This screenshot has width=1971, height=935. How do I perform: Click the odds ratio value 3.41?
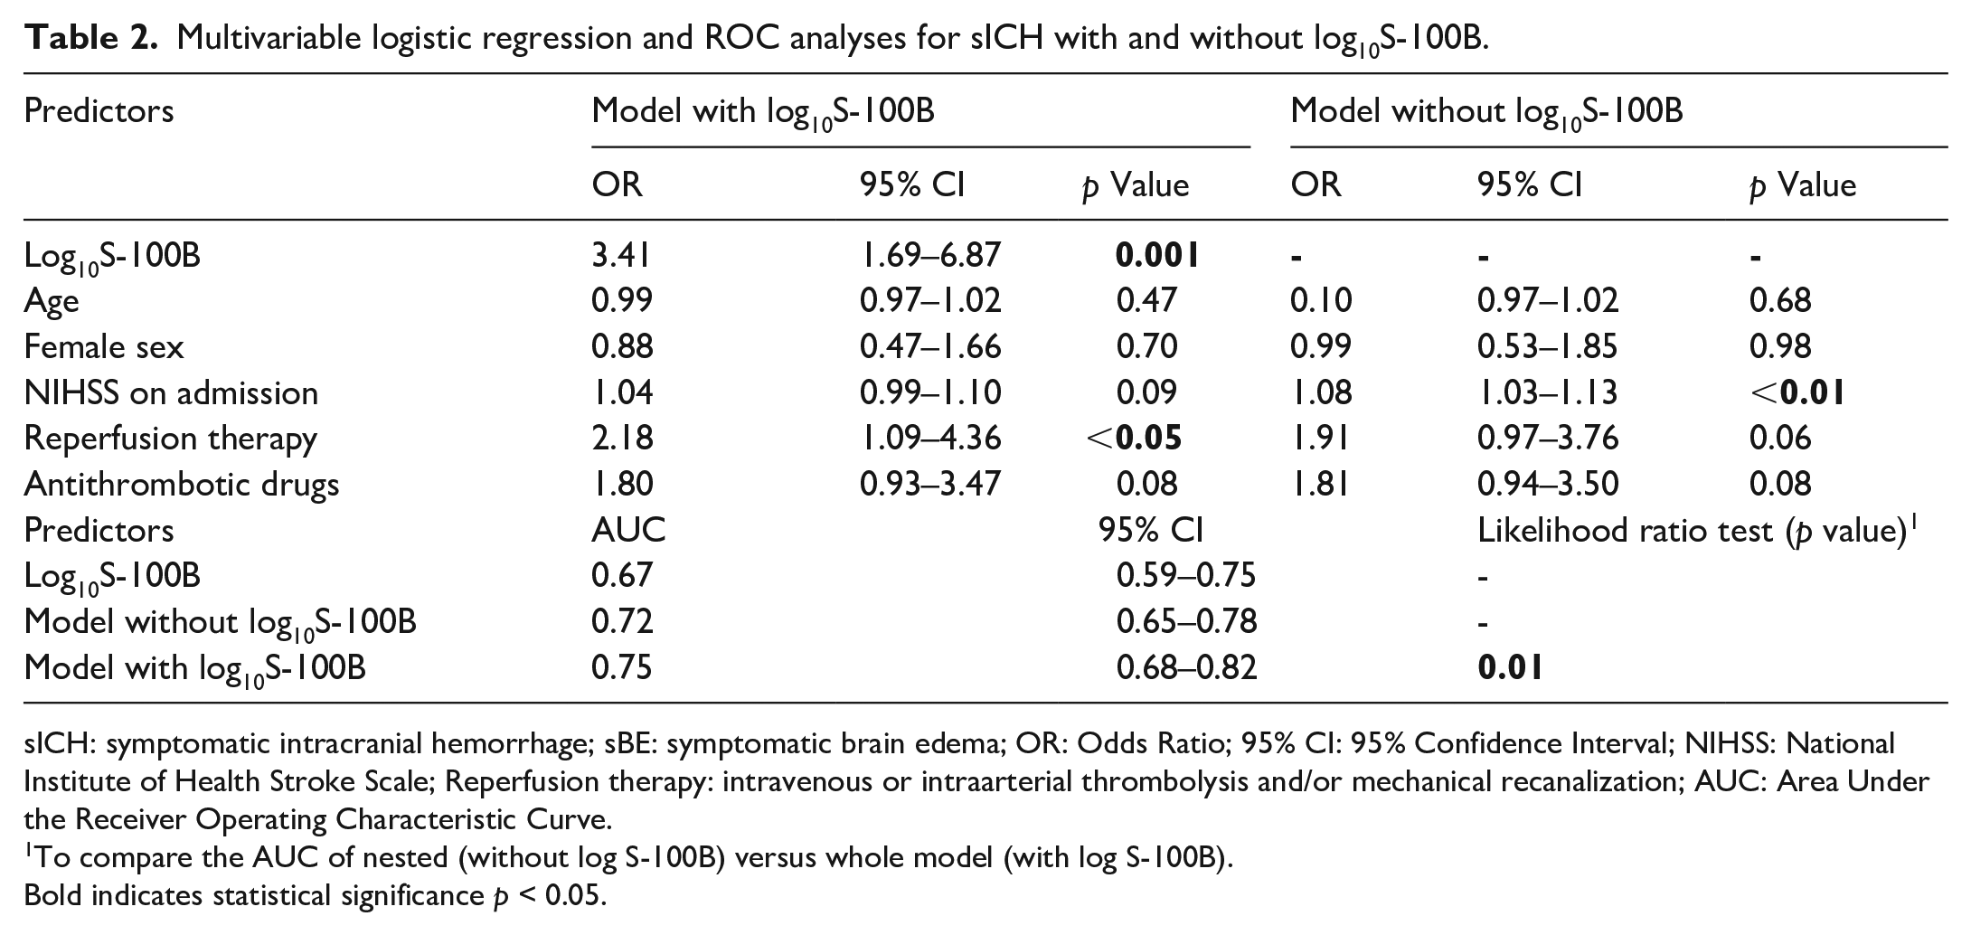[620, 255]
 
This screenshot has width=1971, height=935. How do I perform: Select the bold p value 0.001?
[1157, 255]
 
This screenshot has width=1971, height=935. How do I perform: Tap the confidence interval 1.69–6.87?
[930, 255]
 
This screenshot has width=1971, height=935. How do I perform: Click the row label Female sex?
[104, 346]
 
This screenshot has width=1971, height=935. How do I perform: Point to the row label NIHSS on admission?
[171, 392]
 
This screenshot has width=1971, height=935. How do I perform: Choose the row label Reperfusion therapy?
[171, 439]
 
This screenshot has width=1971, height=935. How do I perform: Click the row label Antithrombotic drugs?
[182, 484]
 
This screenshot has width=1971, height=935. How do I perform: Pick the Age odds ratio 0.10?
[1321, 300]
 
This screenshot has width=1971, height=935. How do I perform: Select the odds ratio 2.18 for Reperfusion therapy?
[622, 438]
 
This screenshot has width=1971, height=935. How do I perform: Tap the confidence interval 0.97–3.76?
[1548, 438]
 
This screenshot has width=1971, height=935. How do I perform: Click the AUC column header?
[628, 530]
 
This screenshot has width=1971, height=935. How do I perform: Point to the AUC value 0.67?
[622, 575]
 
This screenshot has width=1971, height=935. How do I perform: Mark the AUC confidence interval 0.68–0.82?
[1187, 667]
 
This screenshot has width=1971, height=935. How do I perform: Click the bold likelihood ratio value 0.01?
[1510, 667]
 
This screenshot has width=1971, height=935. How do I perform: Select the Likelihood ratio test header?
[1698, 530]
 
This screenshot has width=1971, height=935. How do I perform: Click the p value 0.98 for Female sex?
[1780, 346]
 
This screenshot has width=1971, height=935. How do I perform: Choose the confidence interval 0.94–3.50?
[1548, 484]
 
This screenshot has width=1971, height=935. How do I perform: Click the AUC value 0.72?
[622, 621]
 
